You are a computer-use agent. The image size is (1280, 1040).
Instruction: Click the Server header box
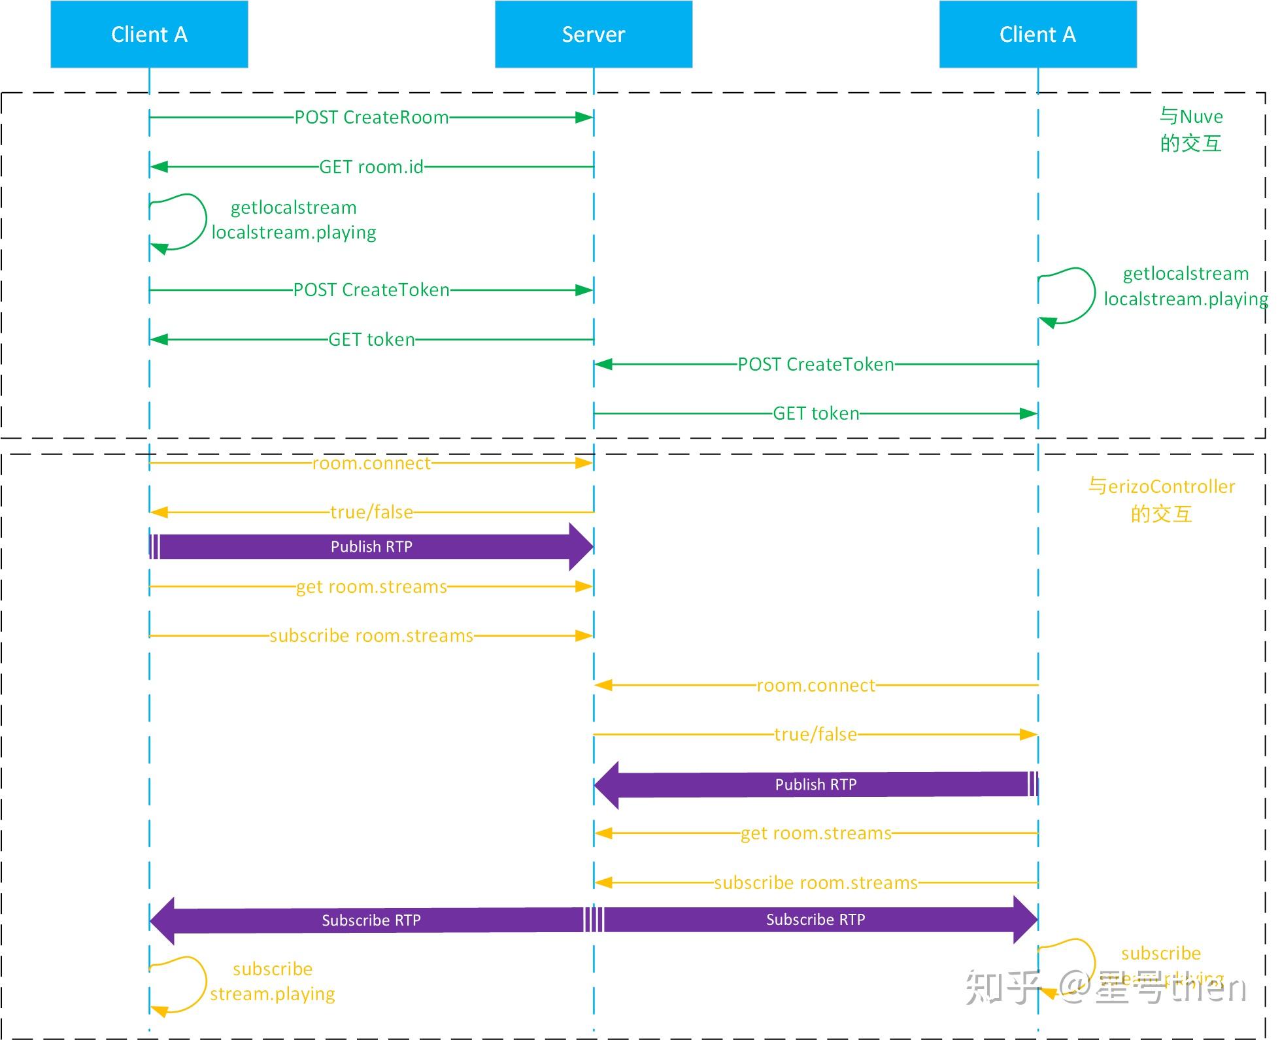[x=593, y=34]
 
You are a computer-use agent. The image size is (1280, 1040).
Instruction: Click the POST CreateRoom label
[x=371, y=118]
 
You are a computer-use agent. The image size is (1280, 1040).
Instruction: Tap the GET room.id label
[x=371, y=167]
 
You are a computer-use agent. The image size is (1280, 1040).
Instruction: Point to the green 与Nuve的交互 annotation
[x=1190, y=130]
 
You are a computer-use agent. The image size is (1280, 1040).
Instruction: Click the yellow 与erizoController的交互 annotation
[x=1161, y=500]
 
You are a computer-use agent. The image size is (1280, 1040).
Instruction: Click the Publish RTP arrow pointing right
[x=371, y=546]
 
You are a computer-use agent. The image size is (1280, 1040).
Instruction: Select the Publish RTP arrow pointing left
[x=815, y=784]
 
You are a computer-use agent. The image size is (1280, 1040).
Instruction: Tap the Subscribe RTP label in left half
[x=371, y=920]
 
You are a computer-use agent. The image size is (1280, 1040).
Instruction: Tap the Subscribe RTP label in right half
[x=815, y=920]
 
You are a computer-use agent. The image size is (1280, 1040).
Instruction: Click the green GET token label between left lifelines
[x=371, y=340]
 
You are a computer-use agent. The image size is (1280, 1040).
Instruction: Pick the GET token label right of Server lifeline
[x=815, y=414]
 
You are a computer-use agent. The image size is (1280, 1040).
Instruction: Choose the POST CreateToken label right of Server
[x=815, y=364]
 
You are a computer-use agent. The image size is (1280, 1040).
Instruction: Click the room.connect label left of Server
[x=371, y=463]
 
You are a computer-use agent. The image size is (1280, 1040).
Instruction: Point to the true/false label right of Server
[x=815, y=735]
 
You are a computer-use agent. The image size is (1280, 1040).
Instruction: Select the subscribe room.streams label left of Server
[x=371, y=636]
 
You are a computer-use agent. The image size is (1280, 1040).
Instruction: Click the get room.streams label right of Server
[x=815, y=833]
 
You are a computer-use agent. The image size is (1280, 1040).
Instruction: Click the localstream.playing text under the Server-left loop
[x=294, y=233]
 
